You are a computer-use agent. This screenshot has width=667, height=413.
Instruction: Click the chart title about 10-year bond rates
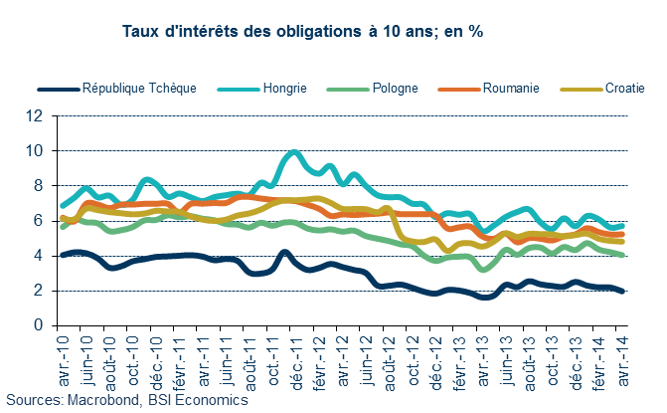pos(301,32)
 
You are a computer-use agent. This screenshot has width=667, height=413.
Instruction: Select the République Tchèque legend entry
pos(140,88)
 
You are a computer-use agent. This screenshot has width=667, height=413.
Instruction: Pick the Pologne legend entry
pos(396,88)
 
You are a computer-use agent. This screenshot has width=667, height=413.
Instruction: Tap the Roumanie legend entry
pos(507,88)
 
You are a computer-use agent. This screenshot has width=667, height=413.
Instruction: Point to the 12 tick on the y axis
pos(36,115)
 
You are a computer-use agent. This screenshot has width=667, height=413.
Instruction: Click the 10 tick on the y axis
pos(36,150)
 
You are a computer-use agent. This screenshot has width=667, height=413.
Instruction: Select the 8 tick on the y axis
pos(40,185)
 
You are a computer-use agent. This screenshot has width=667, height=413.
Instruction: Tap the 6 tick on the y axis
pos(40,220)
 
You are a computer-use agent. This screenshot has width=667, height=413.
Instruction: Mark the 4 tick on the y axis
pos(40,255)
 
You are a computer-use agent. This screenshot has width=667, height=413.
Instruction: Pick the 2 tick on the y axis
pos(40,290)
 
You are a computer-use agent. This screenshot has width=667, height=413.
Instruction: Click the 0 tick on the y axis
pos(40,324)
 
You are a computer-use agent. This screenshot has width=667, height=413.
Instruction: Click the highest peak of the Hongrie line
pos(293,151)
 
